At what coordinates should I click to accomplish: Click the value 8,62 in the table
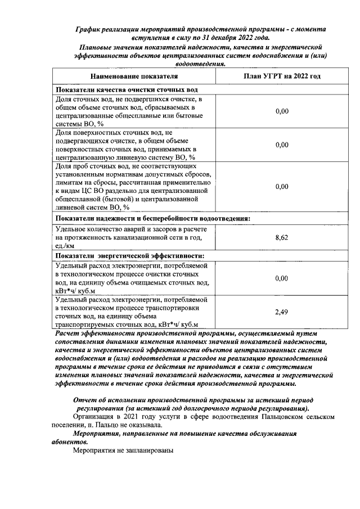[282, 238]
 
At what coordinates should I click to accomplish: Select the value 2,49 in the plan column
[282, 311]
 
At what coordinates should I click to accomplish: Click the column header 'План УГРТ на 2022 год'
[282, 76]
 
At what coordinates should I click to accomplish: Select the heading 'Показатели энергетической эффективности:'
[129, 255]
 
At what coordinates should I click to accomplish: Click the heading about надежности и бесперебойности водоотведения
[152, 218]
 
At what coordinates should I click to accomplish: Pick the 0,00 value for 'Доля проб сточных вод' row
[282, 187]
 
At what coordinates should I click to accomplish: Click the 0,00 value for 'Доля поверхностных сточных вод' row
[282, 145]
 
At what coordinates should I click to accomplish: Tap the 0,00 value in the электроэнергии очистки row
[282, 278]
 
